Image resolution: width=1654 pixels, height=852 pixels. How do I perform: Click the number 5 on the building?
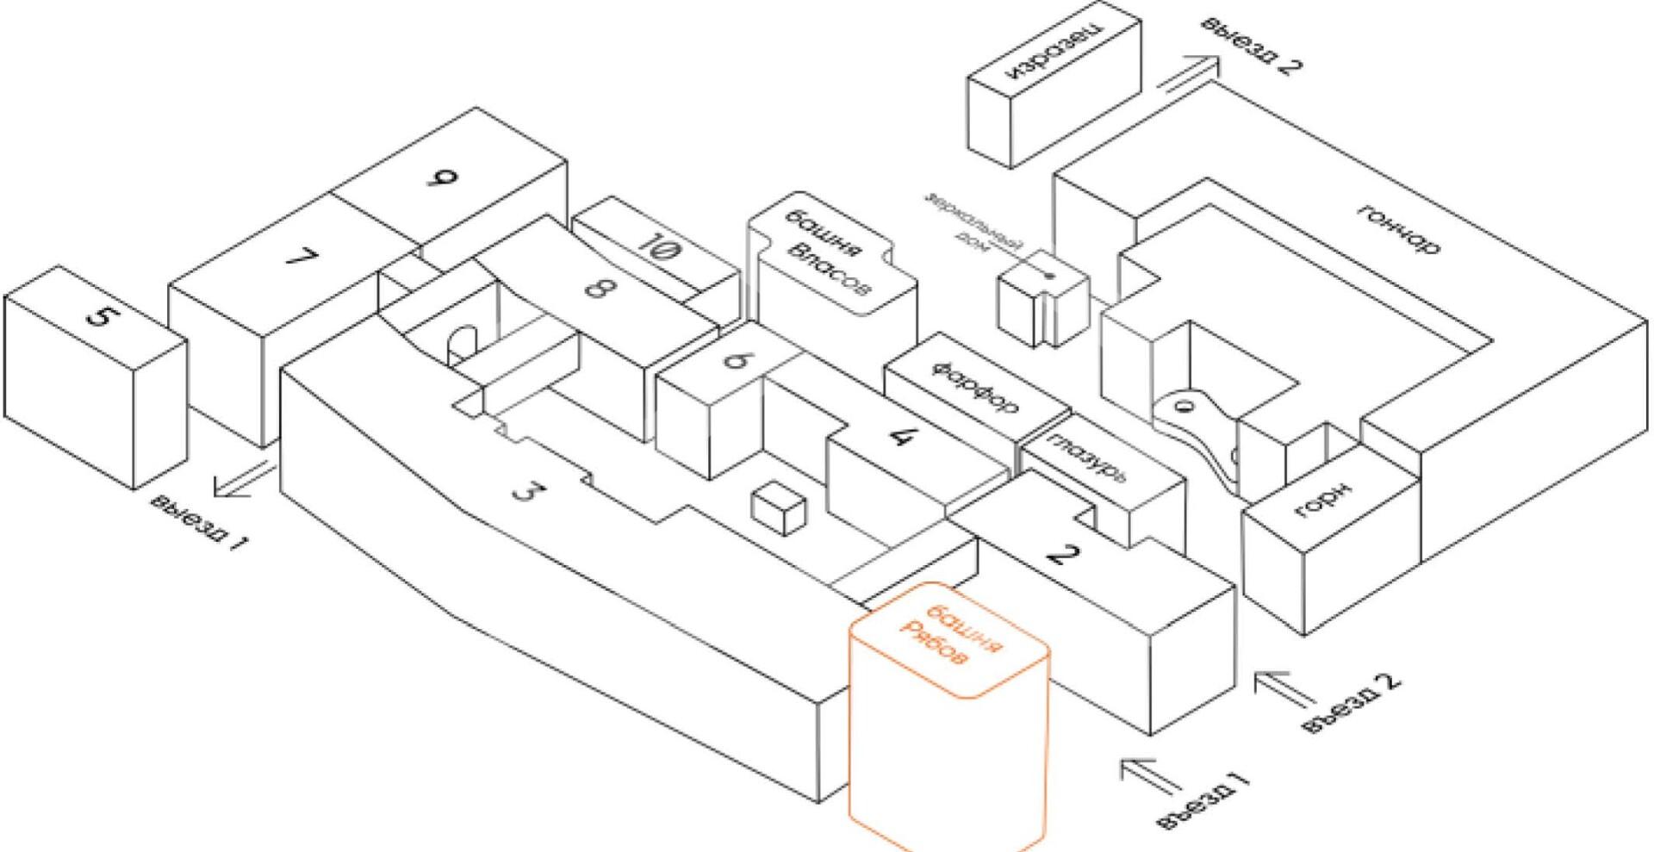100,316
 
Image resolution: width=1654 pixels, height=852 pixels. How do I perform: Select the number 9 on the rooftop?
443,179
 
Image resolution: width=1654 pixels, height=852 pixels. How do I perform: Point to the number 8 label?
594,285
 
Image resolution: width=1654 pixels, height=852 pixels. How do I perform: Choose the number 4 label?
899,436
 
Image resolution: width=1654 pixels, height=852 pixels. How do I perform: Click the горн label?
1323,502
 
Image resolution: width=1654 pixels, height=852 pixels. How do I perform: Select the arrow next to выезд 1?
245,479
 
